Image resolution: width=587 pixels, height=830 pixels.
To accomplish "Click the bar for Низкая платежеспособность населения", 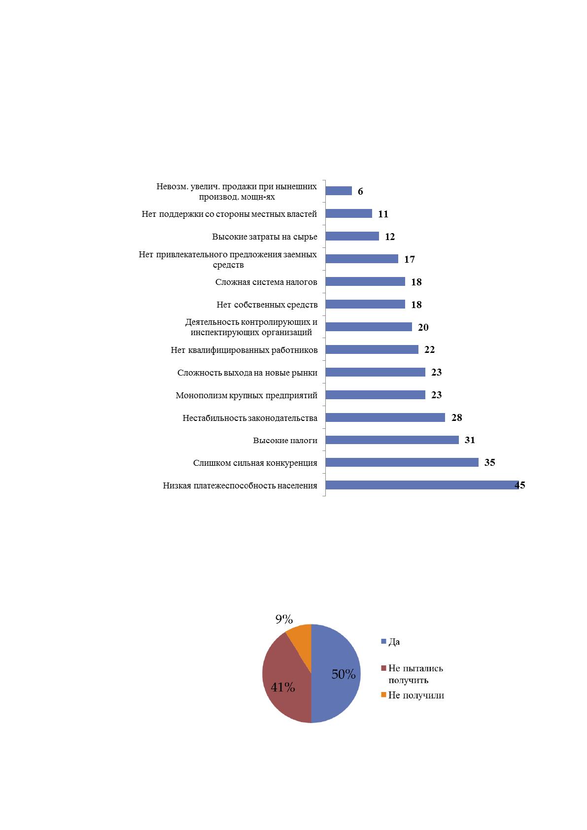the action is coord(422,485).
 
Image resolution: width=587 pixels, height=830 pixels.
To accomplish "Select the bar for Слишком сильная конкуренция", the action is coord(402,462).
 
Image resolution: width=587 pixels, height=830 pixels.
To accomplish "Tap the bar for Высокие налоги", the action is coord(392,440).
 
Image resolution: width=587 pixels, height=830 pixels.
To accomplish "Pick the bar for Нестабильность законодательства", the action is coord(385,417).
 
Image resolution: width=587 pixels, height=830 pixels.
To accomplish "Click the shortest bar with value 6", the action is coord(339,191).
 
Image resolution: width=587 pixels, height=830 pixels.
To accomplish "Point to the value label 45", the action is coord(520,485).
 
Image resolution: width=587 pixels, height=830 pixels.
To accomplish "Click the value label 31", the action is coord(470,440).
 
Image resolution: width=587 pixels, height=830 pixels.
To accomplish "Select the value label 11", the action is coord(383,214).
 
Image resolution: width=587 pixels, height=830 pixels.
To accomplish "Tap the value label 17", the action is coord(410,259).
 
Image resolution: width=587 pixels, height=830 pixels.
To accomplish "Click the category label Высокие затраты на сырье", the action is coord(265,237).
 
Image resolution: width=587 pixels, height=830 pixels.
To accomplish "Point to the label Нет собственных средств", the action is coord(267,305).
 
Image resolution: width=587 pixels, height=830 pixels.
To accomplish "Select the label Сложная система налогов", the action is coord(266,282).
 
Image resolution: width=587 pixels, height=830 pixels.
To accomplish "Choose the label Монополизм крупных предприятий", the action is coord(246,395).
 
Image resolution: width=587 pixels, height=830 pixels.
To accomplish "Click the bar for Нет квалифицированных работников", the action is coord(372,349).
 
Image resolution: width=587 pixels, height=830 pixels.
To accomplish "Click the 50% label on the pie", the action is coord(344,674).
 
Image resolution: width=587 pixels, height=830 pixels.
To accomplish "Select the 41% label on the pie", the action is coord(283,688).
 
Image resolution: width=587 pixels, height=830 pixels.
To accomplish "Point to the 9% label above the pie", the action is coord(284,619).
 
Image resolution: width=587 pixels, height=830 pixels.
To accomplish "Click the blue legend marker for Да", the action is coord(383,641).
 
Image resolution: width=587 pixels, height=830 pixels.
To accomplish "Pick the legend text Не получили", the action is coord(416,695).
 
